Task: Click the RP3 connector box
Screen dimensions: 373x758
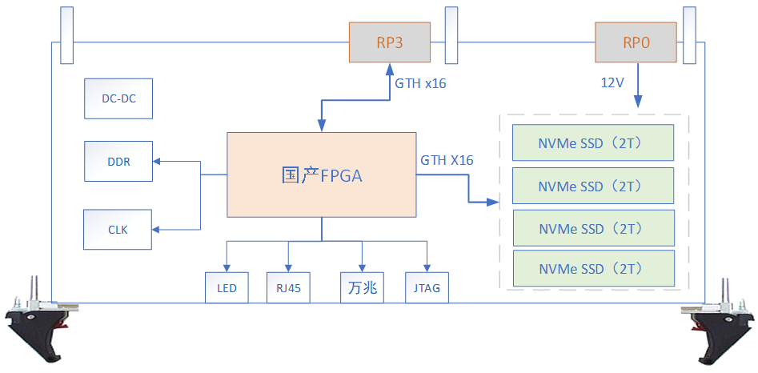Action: coord(389,42)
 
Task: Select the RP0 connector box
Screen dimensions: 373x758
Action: coord(636,42)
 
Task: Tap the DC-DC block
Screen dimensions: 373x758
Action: coord(118,99)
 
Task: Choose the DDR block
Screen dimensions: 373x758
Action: coord(118,162)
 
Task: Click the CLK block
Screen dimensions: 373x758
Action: coord(118,230)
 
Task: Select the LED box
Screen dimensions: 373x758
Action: coord(227,288)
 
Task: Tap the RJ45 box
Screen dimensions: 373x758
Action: coord(288,288)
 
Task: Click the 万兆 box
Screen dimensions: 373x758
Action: coord(363,288)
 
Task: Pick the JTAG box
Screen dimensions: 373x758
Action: coord(427,288)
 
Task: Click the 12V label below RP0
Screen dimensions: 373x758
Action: coord(613,82)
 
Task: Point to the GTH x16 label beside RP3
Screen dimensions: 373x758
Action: coord(420,83)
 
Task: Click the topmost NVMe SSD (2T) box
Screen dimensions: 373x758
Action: coord(592,143)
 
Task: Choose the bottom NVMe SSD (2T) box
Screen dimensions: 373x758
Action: coord(592,268)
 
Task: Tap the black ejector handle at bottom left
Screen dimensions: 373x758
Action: coord(36,324)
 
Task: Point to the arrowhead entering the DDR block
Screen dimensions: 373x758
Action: coord(157,162)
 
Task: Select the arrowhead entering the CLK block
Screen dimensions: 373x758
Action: coord(157,230)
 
